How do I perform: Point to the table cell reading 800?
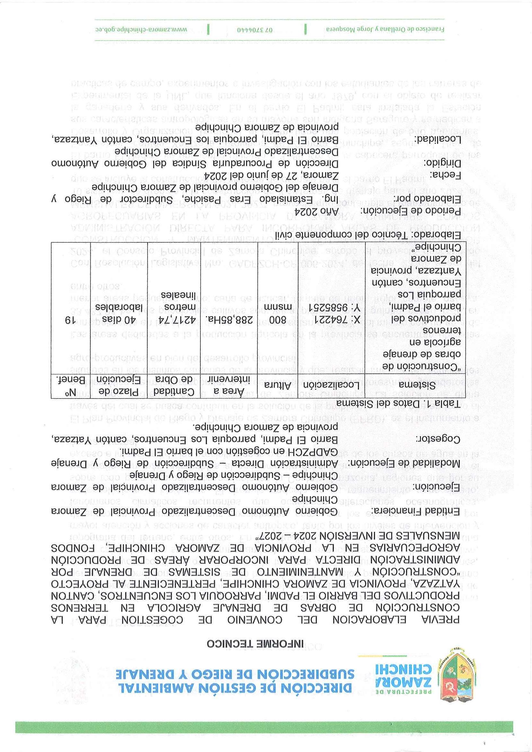[x=278, y=319]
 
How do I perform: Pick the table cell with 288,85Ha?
[x=229, y=319]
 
